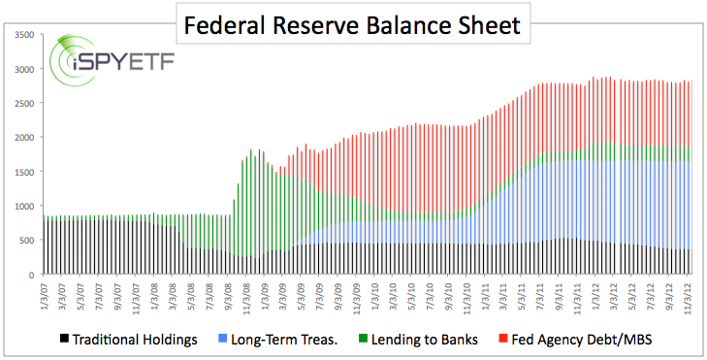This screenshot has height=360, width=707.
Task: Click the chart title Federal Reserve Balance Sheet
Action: pos(354,22)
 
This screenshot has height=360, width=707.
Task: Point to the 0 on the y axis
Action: pos(31,276)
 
